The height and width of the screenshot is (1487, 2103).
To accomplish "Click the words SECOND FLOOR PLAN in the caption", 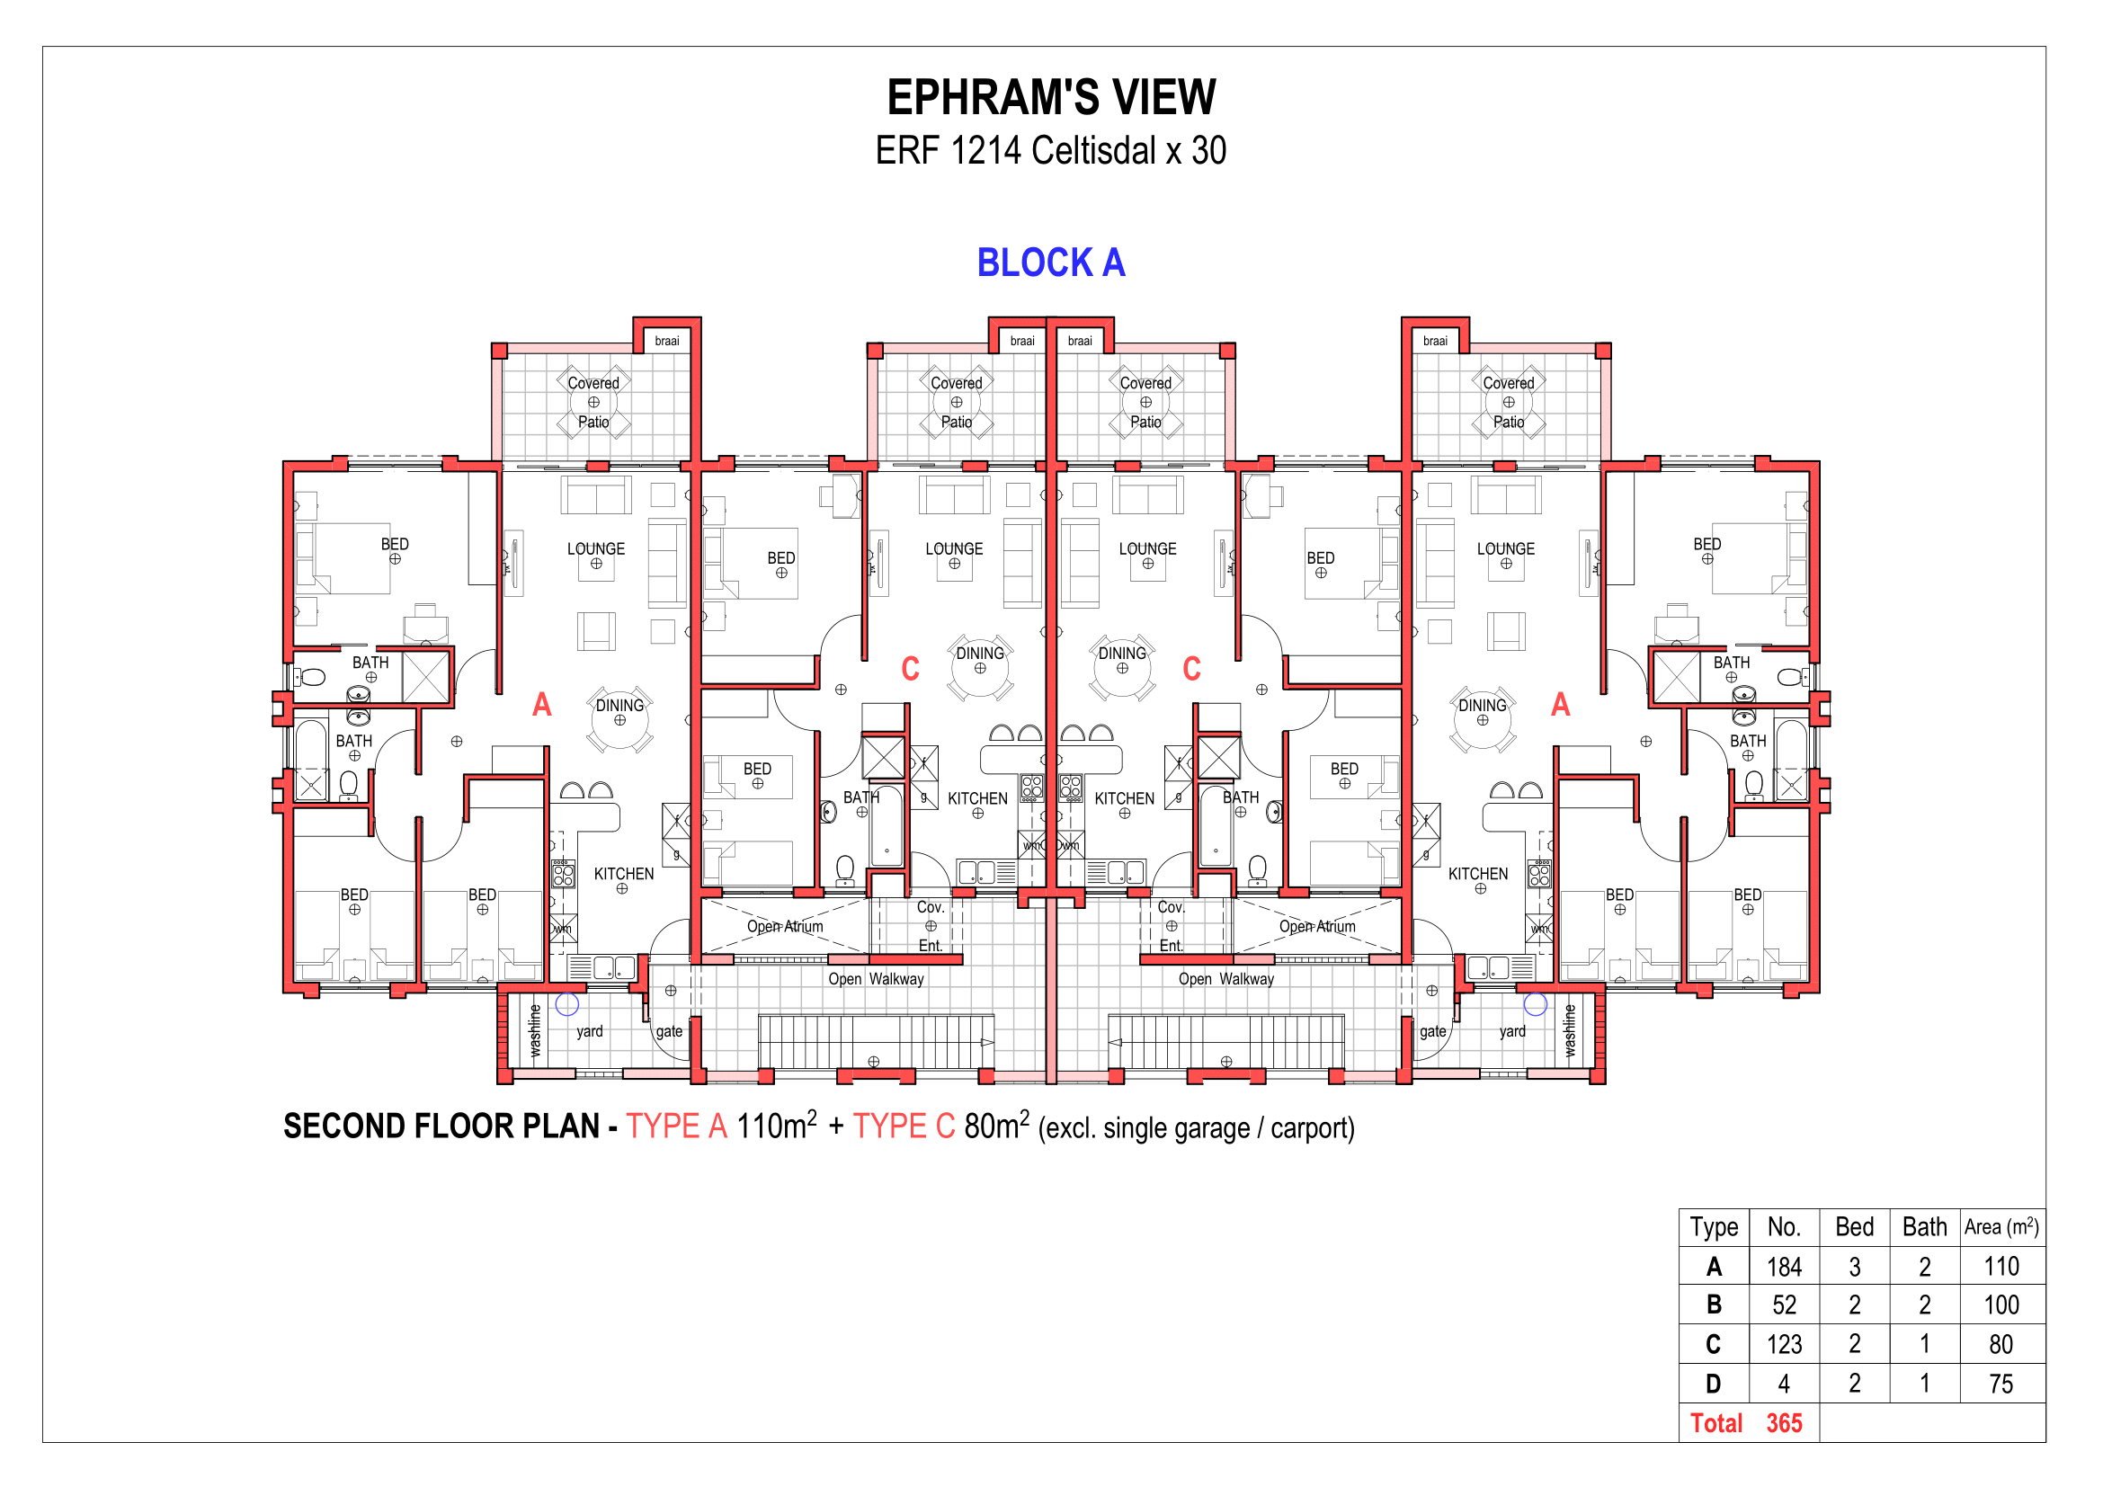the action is [x=441, y=1126].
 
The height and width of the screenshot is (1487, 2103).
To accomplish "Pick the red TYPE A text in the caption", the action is [x=677, y=1126].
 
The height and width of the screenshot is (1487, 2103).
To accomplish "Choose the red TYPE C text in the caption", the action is [x=904, y=1126].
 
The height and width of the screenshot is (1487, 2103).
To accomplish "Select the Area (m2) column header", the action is [x=2001, y=1227].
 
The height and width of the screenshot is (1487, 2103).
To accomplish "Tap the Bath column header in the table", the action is [x=1924, y=1227].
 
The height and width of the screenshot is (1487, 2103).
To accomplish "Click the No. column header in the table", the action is [x=1784, y=1227].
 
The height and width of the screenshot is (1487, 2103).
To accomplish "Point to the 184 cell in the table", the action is [x=1784, y=1267].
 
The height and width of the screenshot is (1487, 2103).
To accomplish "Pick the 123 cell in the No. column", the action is [x=1784, y=1344].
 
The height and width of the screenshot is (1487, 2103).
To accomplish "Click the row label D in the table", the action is [x=1713, y=1384].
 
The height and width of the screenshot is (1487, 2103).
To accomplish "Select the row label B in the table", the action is [x=1713, y=1304].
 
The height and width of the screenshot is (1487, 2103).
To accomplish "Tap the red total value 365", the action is [x=1784, y=1423].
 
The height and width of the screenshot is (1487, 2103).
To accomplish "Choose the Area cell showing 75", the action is [x=2001, y=1384].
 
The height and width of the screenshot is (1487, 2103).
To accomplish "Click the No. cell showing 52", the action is [x=1784, y=1304].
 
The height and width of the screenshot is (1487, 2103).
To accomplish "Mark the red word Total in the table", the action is [x=1715, y=1423].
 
